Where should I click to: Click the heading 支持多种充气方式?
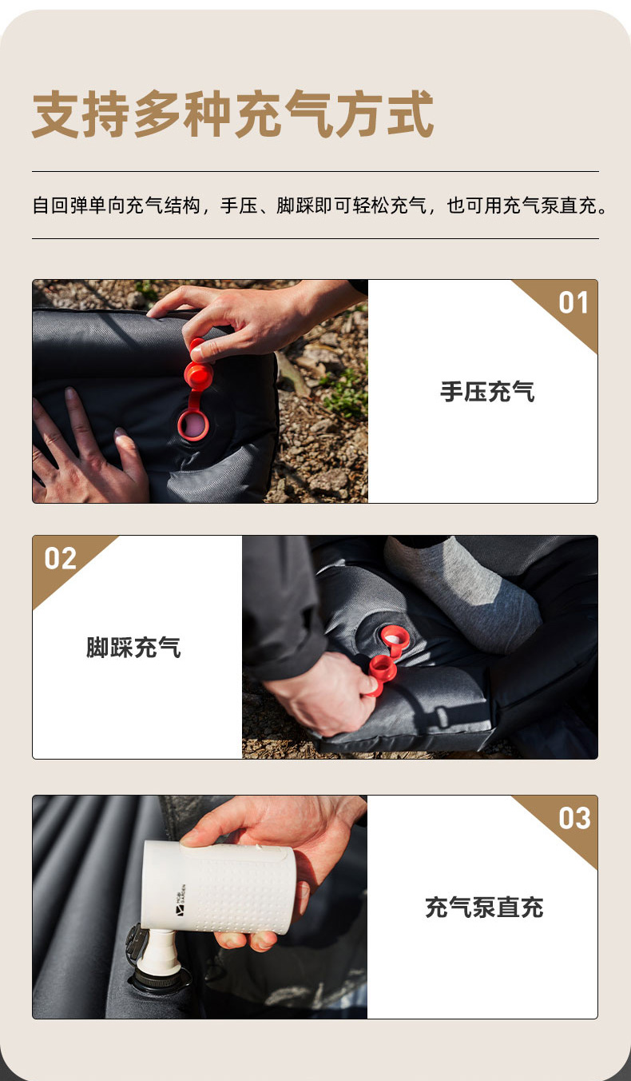pos(232,114)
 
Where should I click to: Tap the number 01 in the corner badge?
pos(573,303)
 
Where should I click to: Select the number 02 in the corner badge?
pos(61,558)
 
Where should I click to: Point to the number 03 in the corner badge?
pos(574,818)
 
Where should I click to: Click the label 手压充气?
pos(487,391)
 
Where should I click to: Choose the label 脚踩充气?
pos(133,648)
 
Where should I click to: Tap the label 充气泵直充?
pos(485,907)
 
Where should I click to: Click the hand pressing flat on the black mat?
pos(87,453)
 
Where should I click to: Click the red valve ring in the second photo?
pos(395,638)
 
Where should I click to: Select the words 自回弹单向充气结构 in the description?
pos(116,205)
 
